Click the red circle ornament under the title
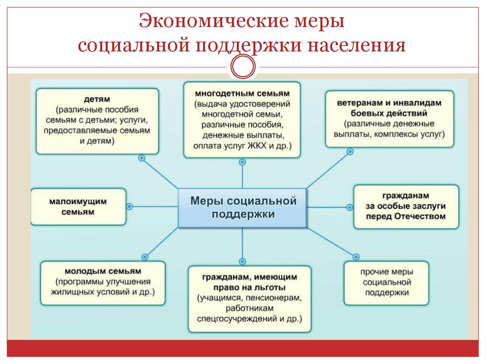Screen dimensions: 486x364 (x=243, y=66)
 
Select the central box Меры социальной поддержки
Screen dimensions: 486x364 (x=243, y=208)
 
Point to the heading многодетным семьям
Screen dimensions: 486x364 (x=243, y=93)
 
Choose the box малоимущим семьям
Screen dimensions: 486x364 (x=78, y=206)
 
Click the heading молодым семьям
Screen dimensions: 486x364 (x=104, y=271)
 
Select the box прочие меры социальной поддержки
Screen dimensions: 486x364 (x=386, y=282)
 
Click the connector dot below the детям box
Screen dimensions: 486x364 (x=141, y=158)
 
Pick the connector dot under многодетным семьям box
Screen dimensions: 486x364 (x=243, y=162)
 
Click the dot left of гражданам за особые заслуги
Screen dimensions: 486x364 (x=350, y=207)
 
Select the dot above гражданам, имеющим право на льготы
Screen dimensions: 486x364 (x=243, y=261)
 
